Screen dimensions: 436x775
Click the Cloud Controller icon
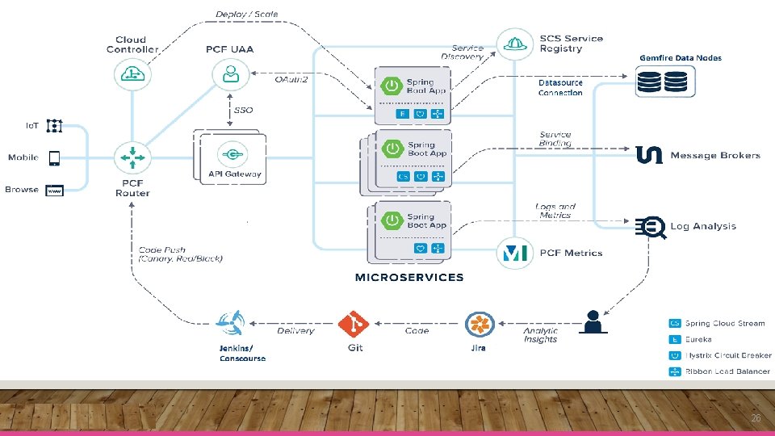point(130,74)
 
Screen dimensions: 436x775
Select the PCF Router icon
point(130,157)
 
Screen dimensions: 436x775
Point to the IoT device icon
point(54,126)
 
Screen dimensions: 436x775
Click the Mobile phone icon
point(55,157)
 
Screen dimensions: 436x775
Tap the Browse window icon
point(54,191)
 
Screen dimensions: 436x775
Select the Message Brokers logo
point(649,155)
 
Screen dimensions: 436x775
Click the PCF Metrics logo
point(514,254)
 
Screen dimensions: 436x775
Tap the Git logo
point(354,325)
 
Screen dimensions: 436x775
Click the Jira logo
point(479,325)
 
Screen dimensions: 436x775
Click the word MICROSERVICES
point(409,277)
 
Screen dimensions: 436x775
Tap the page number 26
point(756,418)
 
